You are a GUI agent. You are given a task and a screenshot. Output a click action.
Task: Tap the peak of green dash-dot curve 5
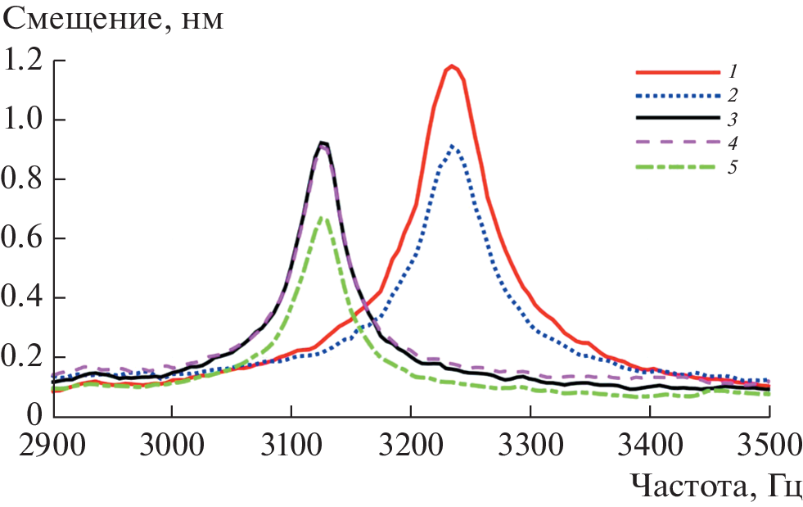(323, 217)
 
